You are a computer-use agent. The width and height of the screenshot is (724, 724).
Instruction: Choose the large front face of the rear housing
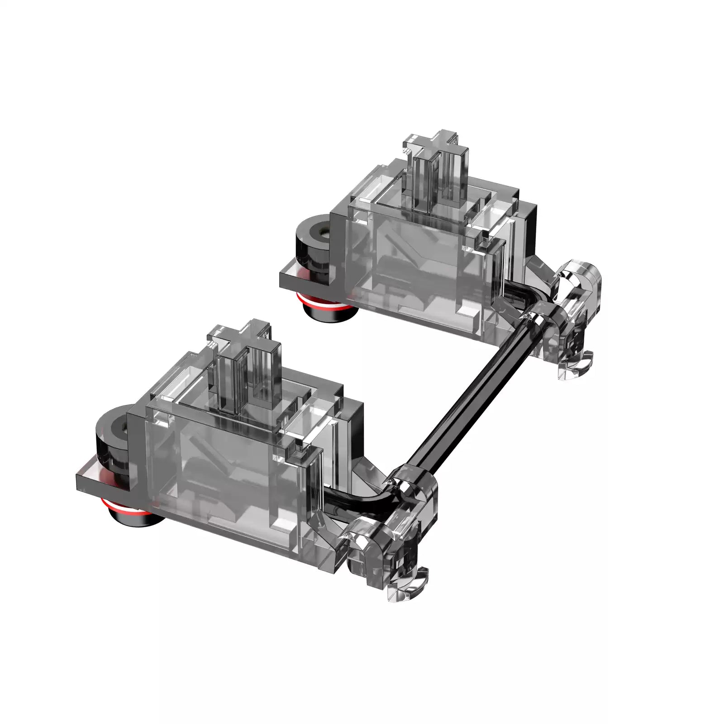point(416,267)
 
